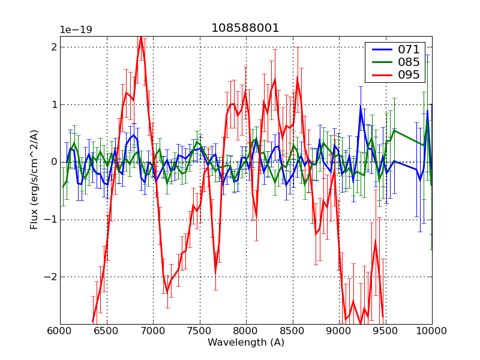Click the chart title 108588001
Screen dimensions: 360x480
245,28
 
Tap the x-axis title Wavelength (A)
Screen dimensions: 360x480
245,343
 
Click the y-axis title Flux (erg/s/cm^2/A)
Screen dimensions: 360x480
34,180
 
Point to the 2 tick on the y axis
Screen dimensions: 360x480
54,47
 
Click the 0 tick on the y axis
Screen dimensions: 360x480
54,162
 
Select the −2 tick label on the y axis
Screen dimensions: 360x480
52,277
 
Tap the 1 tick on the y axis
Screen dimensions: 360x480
54,104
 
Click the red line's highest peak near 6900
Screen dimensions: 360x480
141,37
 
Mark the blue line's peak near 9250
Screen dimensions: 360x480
361,107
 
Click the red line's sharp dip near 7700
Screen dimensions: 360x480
215,272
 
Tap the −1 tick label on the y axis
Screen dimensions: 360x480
52,220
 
